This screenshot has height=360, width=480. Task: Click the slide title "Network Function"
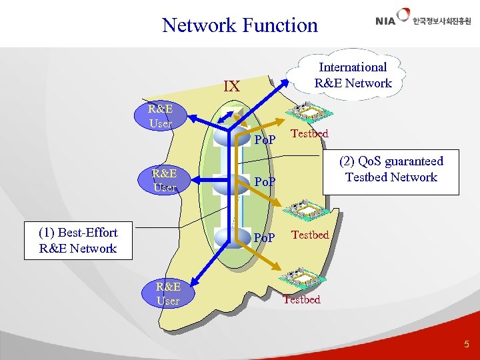(240, 25)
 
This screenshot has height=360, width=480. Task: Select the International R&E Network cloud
(353, 75)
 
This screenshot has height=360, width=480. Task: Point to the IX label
(231, 87)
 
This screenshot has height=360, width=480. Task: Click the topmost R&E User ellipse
(160, 116)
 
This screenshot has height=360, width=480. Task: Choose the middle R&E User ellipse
(164, 181)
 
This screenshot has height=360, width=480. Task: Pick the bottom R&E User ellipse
(167, 294)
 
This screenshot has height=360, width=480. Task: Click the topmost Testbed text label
(310, 133)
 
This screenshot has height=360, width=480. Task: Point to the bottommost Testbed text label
(301, 299)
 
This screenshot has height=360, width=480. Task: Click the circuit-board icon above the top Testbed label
(305, 111)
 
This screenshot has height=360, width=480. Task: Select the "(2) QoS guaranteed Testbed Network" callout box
(391, 169)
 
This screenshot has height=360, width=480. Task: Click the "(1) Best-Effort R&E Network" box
(78, 241)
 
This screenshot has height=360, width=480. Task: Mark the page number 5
(466, 345)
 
